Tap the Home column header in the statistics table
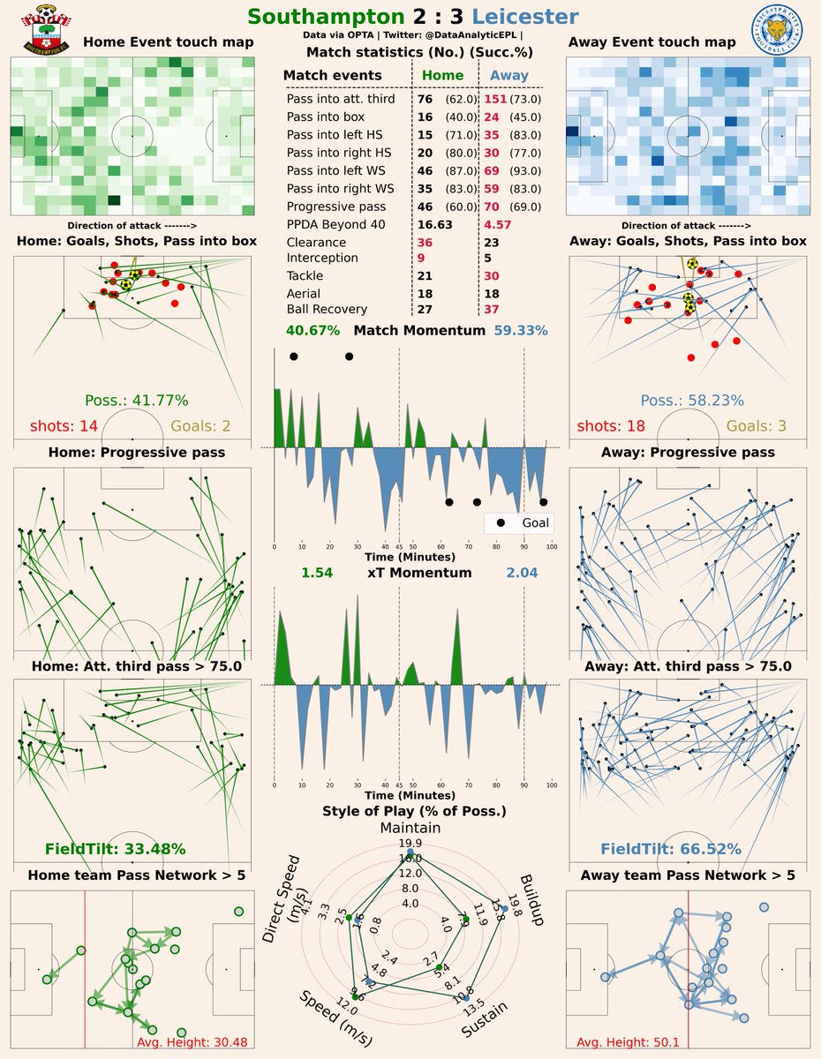[x=442, y=76]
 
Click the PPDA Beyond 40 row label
[x=335, y=224]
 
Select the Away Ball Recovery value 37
[x=492, y=309]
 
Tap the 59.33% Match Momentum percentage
[x=522, y=331]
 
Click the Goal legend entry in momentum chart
[x=526, y=522]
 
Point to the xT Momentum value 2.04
[x=522, y=573]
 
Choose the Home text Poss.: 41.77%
[x=136, y=400]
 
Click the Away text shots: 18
[x=611, y=426]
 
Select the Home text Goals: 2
[x=200, y=426]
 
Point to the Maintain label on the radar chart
[x=410, y=828]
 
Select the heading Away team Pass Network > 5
[x=688, y=875]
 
